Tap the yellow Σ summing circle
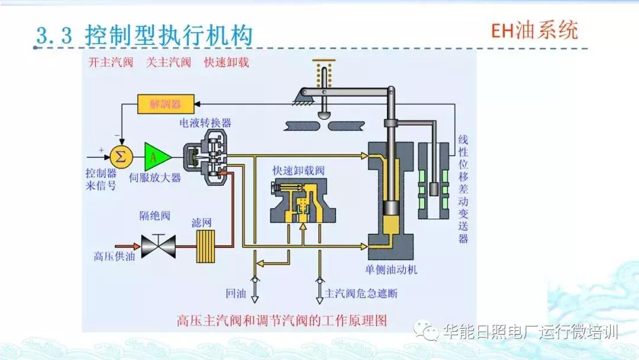coord(120,157)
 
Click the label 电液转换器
coord(205,123)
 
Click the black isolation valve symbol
coord(158,243)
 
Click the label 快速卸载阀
coord(299,170)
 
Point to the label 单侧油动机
coord(392,269)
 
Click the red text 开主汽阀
coord(111,62)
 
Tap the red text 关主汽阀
coord(169,62)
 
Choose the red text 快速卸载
coord(227,62)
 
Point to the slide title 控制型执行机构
coord(169,35)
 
